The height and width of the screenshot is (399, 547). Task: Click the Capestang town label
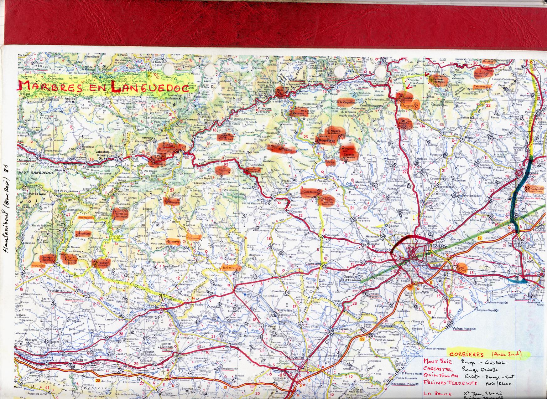click(313, 264)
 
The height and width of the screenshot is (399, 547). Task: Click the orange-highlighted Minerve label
click(173, 242)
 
